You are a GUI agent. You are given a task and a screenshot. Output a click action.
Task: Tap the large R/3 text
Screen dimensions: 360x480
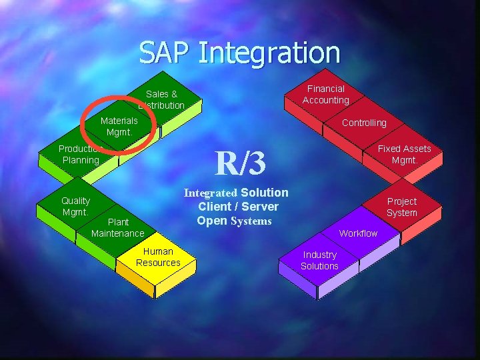click(x=240, y=162)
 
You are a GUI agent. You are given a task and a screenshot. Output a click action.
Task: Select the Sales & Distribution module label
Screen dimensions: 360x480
click(x=161, y=100)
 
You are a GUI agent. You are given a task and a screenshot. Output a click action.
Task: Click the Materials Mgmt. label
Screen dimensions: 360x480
click(x=119, y=126)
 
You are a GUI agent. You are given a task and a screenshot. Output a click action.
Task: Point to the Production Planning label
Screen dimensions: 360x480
click(x=80, y=155)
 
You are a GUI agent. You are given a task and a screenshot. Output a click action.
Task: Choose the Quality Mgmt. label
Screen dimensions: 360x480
click(x=75, y=206)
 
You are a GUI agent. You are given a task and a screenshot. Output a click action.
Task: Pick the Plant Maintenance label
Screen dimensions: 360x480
click(x=117, y=227)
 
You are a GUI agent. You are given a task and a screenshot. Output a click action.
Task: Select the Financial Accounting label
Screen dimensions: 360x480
click(x=325, y=95)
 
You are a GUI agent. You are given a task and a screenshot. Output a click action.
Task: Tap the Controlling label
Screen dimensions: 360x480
click(x=364, y=123)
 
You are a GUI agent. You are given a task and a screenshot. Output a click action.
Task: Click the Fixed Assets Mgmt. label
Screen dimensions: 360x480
click(x=404, y=154)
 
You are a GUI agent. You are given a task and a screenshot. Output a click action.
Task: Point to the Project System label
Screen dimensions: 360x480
click(x=402, y=207)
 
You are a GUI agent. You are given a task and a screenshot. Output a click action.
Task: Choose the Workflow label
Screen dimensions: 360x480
click(x=358, y=233)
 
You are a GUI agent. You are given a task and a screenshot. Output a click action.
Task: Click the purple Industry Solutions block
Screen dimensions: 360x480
click(x=319, y=261)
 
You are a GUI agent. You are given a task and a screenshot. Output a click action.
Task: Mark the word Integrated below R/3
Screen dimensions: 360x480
click(x=210, y=193)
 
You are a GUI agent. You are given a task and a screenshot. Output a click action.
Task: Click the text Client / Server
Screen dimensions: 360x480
click(x=238, y=207)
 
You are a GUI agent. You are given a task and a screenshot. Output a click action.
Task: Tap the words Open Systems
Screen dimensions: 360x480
click(x=234, y=221)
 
